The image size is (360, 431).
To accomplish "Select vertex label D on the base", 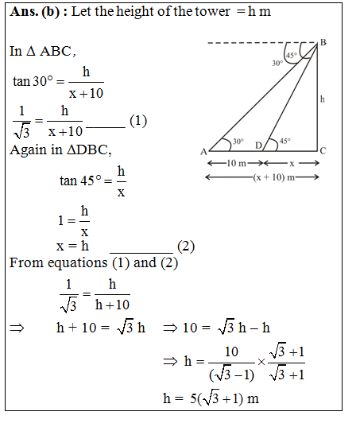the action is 257,145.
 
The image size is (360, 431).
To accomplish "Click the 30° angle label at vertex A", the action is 238,142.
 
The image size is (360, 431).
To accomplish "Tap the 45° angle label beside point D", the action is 285,141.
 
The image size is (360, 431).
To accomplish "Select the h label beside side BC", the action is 322,99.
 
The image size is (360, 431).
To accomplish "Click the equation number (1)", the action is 138,121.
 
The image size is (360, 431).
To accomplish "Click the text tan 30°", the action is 33,81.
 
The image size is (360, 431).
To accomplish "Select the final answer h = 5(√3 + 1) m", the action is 210,398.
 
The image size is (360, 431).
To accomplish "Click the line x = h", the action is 72,246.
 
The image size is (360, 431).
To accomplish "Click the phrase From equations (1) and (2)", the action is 93,262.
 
